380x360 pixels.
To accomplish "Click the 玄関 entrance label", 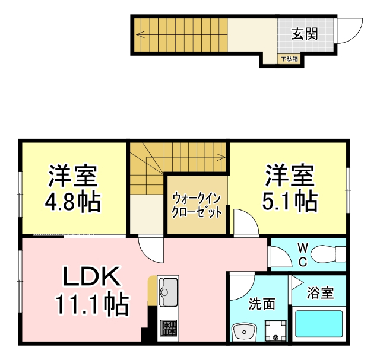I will pyautogui.click(x=304, y=33).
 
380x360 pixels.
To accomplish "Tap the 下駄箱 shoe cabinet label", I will pyautogui.click(x=290, y=59).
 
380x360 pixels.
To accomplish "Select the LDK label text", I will pyautogui.click(x=92, y=276).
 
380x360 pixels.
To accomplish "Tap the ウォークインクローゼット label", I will pyautogui.click(x=197, y=205).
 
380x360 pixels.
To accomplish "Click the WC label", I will pyautogui.click(x=302, y=254).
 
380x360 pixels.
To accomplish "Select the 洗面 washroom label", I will pyautogui.click(x=261, y=304).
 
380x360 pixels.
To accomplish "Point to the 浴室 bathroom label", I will pyautogui.click(x=320, y=292).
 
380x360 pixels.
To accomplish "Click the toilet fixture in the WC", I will pyautogui.click(x=329, y=253).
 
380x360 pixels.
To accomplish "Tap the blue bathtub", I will pyautogui.click(x=320, y=324).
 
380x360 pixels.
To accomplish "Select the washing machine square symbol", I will pyautogui.click(x=274, y=330).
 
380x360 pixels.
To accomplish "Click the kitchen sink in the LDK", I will pyautogui.click(x=169, y=291).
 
